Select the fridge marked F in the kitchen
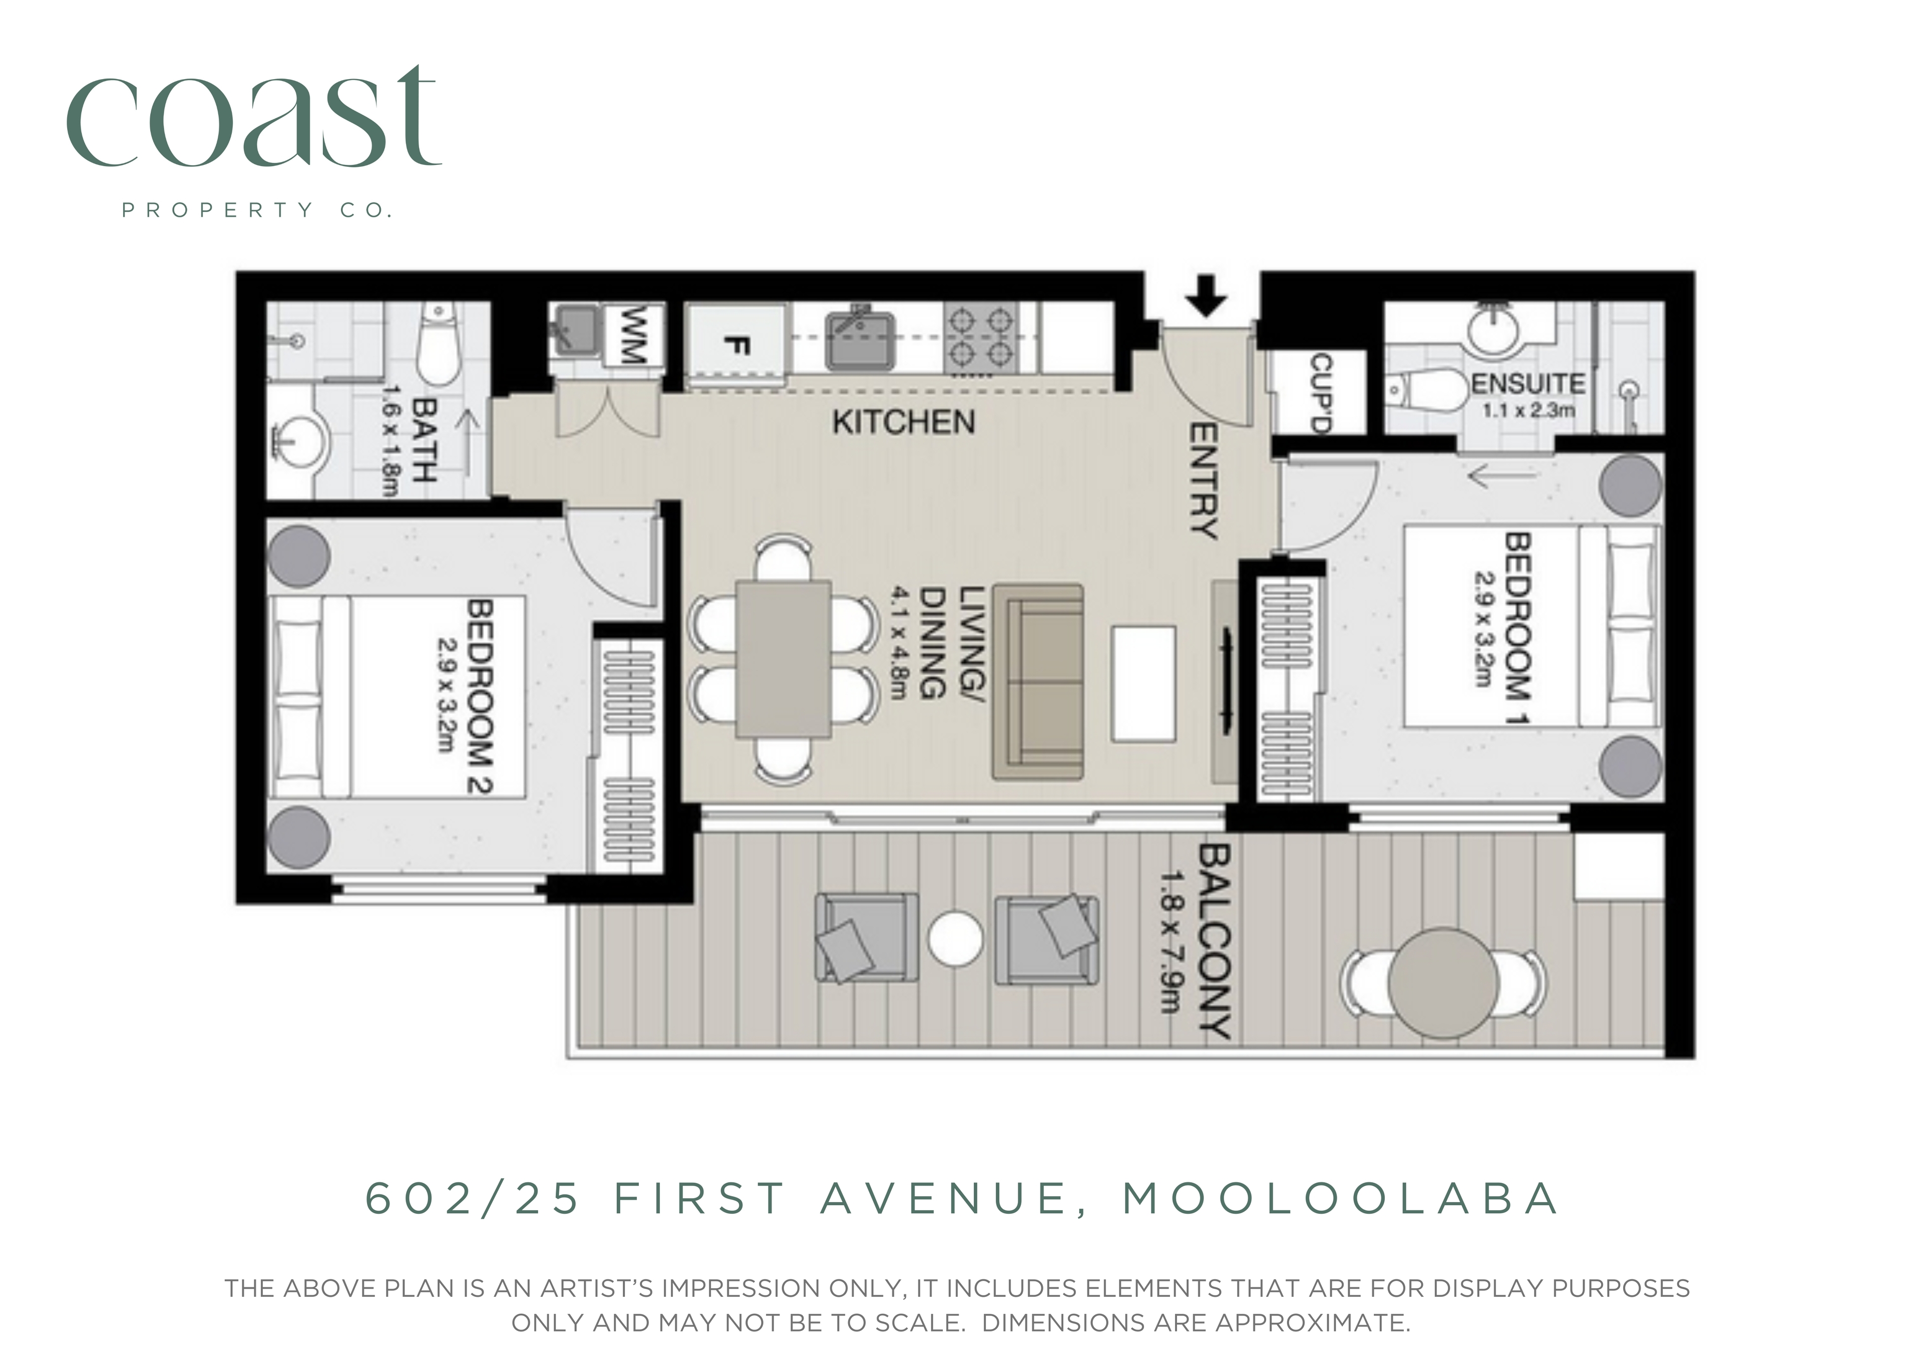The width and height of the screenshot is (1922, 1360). [x=736, y=346]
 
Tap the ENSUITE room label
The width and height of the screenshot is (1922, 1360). [x=1527, y=384]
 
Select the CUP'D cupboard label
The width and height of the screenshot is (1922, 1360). [x=1320, y=393]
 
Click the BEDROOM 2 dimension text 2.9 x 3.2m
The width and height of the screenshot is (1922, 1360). [x=451, y=695]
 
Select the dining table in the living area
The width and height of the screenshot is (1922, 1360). [x=784, y=659]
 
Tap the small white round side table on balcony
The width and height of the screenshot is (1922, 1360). [x=955, y=939]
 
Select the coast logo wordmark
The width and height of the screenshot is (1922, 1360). [x=254, y=117]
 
